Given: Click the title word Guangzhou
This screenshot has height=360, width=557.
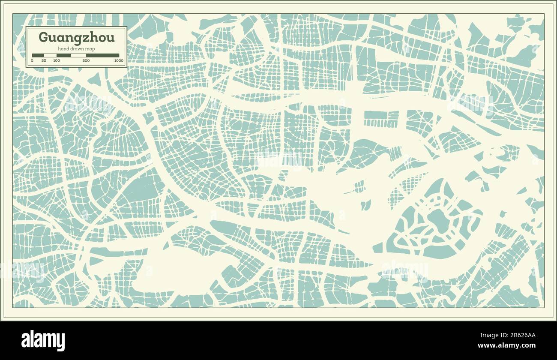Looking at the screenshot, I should coord(77,37).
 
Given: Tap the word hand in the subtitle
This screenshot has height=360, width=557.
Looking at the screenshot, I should coord(63,49).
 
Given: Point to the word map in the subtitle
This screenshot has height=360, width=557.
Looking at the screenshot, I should coord(90,49).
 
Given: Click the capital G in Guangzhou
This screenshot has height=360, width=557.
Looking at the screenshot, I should coord(43,37).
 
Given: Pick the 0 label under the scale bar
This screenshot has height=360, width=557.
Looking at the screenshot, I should coord(32,61).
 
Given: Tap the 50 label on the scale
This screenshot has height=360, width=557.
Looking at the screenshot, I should coord(44,61).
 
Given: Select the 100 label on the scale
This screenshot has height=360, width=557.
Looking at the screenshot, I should coord(56,61).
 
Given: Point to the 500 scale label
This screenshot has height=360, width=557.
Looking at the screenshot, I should coord(86,61).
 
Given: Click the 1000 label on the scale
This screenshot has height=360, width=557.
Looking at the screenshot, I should coord(119,61).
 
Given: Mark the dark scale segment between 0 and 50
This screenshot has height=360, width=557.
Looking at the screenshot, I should coord(38,55).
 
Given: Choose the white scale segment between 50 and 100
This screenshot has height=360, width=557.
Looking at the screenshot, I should coord(50,55).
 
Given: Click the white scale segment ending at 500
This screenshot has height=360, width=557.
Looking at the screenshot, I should coord(78,55).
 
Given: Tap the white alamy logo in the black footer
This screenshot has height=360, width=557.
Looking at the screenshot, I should coord(43,341).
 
